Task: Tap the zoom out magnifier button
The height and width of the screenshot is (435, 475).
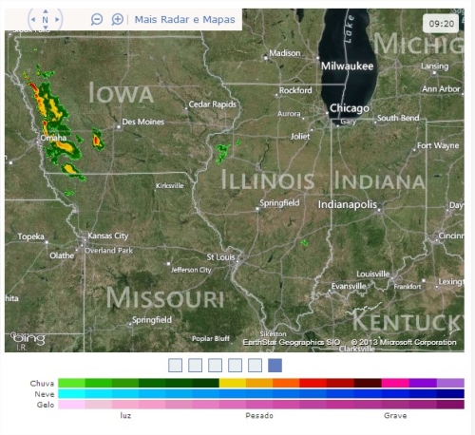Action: (x=97, y=19)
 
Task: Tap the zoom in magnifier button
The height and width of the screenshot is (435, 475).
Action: (x=117, y=19)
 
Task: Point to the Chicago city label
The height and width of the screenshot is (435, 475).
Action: (x=350, y=108)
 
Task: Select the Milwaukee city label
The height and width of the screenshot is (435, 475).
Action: (x=347, y=66)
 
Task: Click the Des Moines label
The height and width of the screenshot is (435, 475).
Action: (x=143, y=122)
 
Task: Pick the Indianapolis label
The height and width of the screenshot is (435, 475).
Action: (x=348, y=204)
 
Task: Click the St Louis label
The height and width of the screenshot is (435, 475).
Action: (x=220, y=256)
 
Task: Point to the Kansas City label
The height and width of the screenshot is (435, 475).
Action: (x=107, y=236)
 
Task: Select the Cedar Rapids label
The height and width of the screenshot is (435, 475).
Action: (x=212, y=104)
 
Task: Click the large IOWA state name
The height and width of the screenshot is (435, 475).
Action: (x=121, y=92)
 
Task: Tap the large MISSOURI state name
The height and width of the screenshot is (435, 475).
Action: (x=165, y=297)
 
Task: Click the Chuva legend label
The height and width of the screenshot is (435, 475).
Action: (x=42, y=383)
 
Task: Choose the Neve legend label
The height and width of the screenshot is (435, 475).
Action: (x=43, y=393)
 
